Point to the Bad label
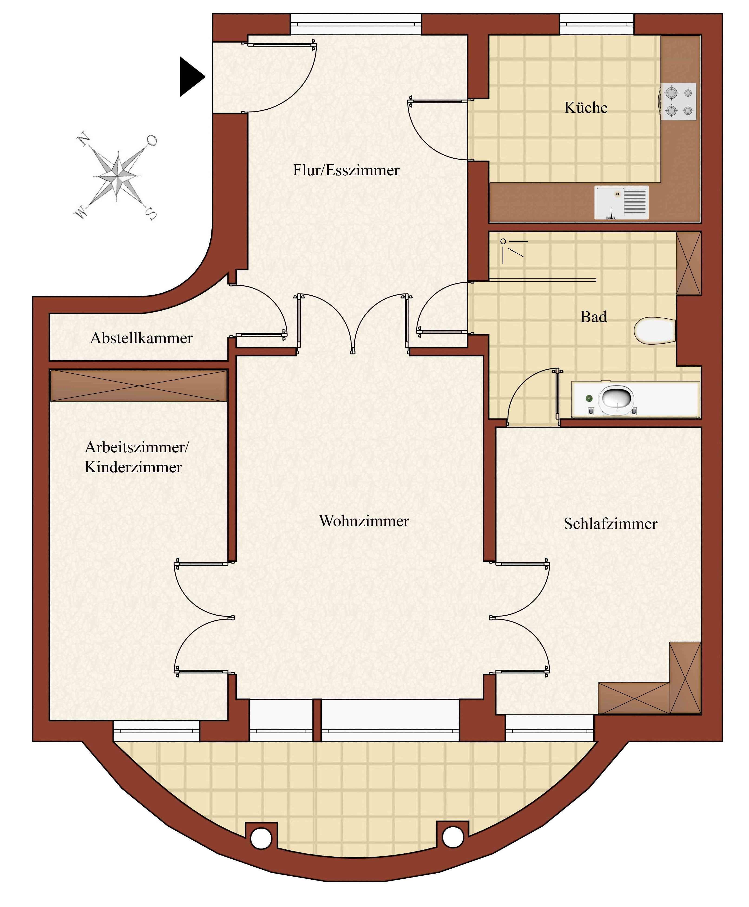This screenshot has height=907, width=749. click(x=593, y=317)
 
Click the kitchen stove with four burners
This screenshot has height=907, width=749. click(x=678, y=101)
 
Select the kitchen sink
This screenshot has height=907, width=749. click(x=621, y=202)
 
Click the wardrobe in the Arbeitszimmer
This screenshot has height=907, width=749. click(x=138, y=385)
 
